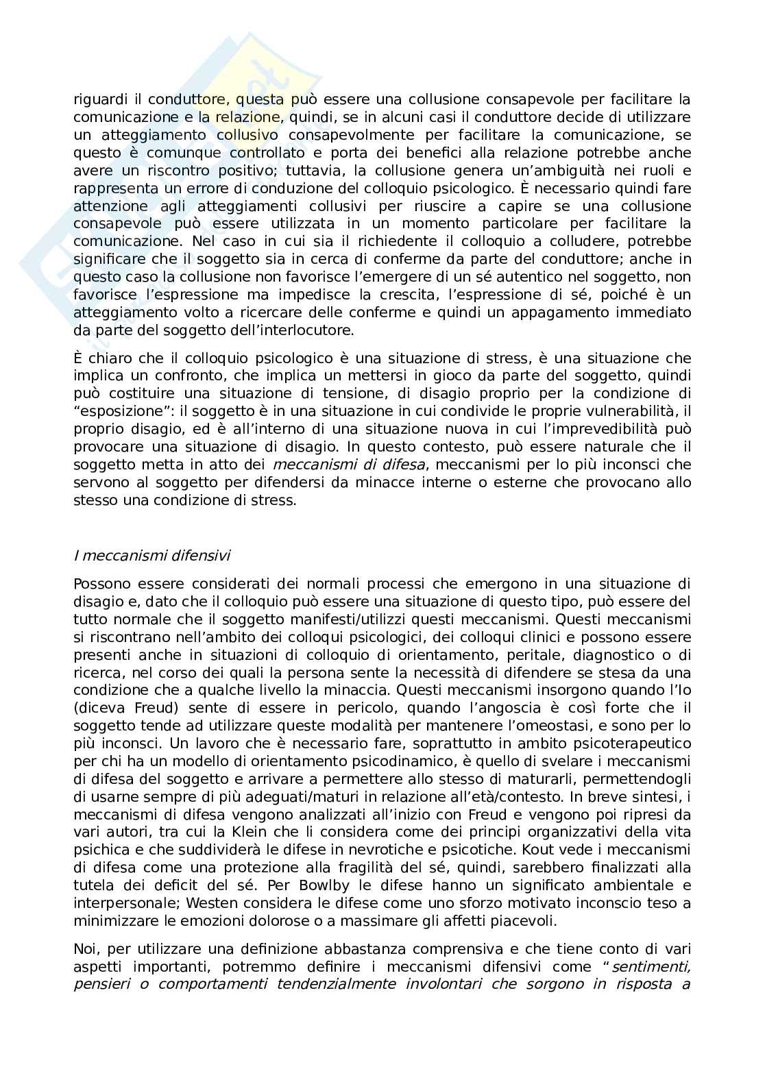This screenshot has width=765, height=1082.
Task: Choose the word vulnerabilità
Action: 618,411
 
